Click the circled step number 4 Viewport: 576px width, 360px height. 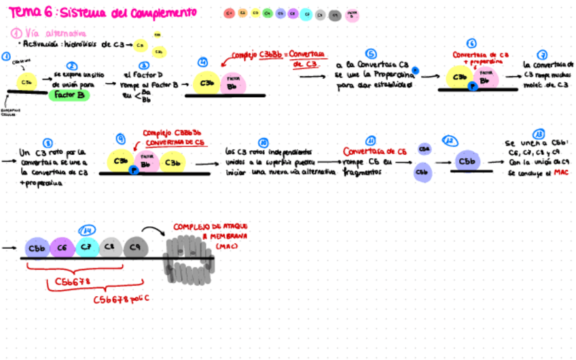(202, 62)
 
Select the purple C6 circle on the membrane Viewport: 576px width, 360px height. (62, 248)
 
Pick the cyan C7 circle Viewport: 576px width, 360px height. (87, 247)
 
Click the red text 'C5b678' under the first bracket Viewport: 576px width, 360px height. (73, 281)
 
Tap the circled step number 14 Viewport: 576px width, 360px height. (87, 230)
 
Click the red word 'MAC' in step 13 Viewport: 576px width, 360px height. (561, 173)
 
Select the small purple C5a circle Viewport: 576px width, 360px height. (423, 149)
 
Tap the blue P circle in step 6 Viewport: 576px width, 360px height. (471, 87)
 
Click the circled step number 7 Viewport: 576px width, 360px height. (541, 54)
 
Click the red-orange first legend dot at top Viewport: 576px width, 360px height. (230, 13)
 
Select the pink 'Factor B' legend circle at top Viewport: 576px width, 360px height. (352, 14)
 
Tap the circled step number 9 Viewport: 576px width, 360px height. (121, 138)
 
